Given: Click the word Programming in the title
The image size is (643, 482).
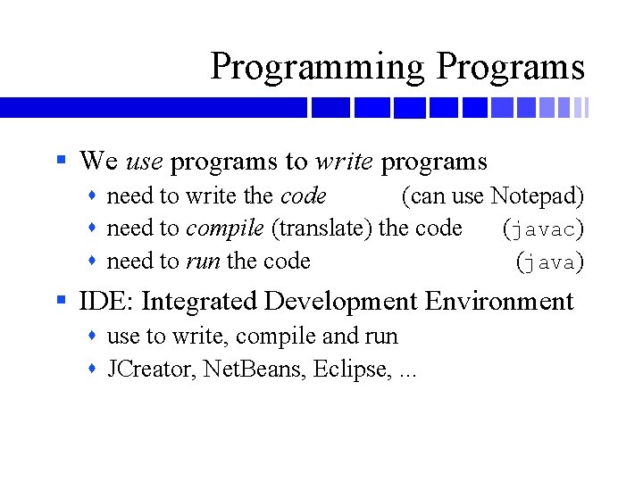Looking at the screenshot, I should click(318, 68).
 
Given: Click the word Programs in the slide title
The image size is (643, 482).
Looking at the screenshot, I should click(511, 68).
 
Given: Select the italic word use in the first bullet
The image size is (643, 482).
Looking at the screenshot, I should click(144, 162).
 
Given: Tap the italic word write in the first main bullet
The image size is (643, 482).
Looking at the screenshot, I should click(344, 162).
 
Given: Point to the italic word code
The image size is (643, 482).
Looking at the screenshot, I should click(304, 195).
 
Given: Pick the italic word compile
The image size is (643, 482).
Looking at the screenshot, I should click(225, 229).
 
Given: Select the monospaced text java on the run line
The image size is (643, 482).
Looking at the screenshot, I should click(551, 262).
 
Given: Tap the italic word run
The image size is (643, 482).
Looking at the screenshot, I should click(203, 262).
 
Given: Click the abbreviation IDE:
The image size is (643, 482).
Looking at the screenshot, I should click(106, 302).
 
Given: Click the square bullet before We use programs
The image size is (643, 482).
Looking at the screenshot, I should click(61, 162).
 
